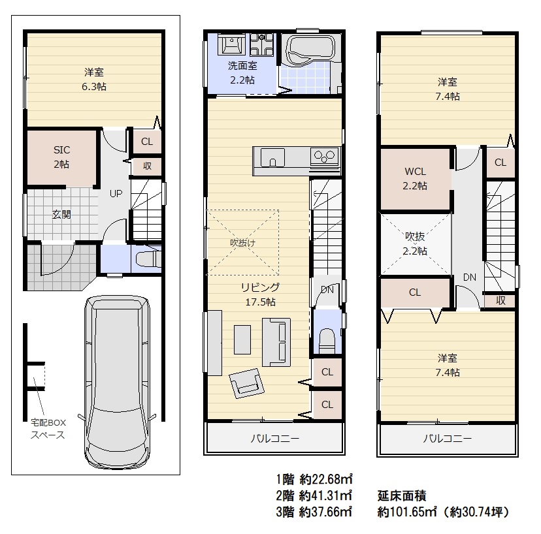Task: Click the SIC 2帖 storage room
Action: point(61,157)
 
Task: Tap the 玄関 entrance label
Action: point(61,214)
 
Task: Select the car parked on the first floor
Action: point(118,382)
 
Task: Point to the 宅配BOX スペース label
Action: point(48,428)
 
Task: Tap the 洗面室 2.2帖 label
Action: point(242,72)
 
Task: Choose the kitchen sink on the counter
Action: point(272,157)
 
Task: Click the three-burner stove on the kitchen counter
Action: point(324,156)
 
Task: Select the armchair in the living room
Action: point(247,383)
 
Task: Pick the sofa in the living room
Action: point(276,342)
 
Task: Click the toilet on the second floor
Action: point(327,341)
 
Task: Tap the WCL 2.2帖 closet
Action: point(415,179)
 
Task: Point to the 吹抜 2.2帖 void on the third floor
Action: point(415,243)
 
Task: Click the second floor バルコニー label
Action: point(274,439)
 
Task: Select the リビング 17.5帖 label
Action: point(260,294)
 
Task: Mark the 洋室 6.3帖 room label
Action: point(94,79)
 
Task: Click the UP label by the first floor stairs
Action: point(116,193)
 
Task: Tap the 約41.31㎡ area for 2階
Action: point(325,495)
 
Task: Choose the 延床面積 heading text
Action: point(402,495)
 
